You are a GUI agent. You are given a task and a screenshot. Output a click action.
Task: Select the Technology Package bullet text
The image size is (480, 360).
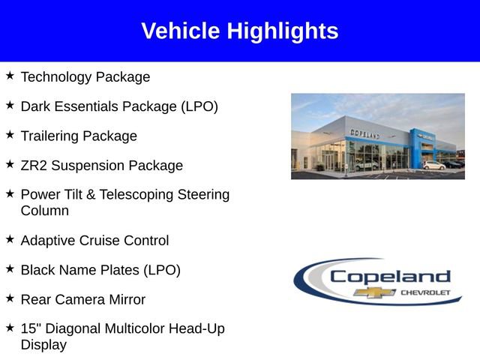point(85,77)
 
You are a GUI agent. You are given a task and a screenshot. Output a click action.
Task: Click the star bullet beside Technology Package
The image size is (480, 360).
point(10,76)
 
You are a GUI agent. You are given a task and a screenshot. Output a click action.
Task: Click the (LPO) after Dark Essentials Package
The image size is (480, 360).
point(199,106)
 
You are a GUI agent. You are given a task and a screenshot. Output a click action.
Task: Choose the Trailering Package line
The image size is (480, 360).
point(79,136)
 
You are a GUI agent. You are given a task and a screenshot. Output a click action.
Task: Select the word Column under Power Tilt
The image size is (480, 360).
point(45,211)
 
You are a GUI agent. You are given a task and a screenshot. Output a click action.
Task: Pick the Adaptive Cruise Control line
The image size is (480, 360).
point(94,241)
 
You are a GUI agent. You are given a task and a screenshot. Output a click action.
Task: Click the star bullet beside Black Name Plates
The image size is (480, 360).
point(10,268)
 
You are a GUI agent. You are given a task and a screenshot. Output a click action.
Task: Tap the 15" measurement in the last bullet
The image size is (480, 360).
point(31,328)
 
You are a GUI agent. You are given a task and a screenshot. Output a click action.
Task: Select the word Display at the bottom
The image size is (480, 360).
point(43,345)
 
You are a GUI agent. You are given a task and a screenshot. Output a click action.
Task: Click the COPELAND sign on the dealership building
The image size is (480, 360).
point(364,133)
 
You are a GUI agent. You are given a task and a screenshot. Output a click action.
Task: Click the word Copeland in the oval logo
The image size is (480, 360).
point(390,276)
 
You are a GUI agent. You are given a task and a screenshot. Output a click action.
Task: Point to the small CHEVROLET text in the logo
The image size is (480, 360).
point(426,292)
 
